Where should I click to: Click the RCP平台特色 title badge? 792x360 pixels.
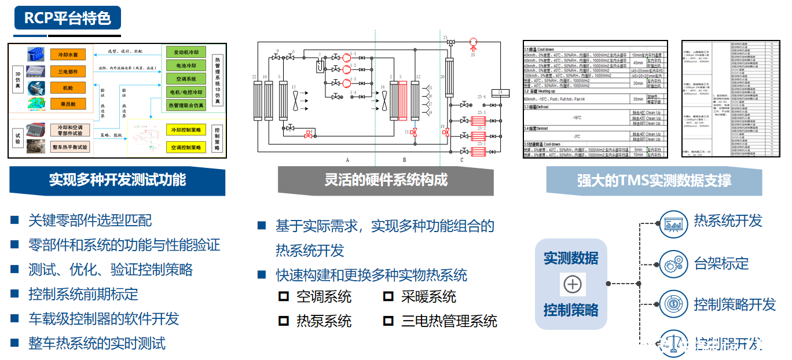click(68, 18)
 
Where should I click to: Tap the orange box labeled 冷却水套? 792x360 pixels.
click(68, 55)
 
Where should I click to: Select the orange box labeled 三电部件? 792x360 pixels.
click(68, 72)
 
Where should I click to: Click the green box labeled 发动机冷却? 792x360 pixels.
click(186, 52)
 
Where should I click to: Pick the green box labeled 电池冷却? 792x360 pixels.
click(186, 65)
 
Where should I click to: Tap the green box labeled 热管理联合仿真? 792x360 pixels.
click(186, 105)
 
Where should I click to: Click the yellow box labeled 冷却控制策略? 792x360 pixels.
click(186, 130)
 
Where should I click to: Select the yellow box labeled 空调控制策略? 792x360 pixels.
click(186, 148)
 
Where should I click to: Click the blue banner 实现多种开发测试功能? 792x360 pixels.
click(117, 180)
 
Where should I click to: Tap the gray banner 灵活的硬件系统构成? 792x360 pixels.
click(386, 180)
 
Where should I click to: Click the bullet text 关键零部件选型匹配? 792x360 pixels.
click(90, 221)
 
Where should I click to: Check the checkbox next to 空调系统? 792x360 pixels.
click(284, 297)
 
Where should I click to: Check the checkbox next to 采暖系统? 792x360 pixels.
click(388, 297)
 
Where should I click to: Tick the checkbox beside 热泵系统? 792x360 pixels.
click(284, 321)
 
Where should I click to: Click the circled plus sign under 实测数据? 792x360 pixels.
click(572, 284)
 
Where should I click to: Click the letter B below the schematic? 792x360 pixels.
click(404, 159)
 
